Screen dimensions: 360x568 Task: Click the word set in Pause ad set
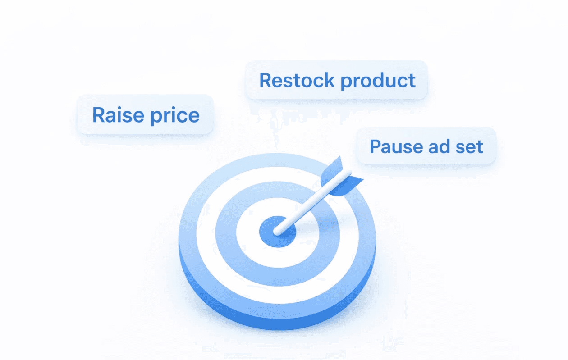coord(470,147)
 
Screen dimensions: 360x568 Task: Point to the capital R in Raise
coord(98,115)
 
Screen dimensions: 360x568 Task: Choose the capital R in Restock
coord(266,80)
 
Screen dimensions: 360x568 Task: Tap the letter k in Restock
coord(329,80)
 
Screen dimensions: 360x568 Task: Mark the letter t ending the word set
coord(480,147)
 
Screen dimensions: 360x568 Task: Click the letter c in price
coord(184,116)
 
